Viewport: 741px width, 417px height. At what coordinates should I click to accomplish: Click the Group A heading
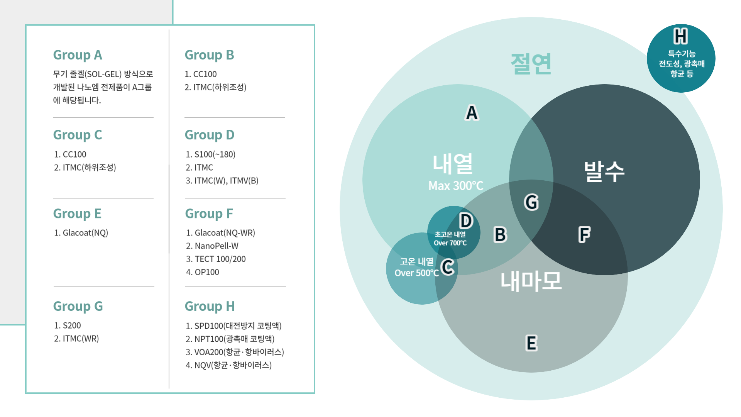pos(78,55)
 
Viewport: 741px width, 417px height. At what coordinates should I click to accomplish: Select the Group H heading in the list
pos(210,307)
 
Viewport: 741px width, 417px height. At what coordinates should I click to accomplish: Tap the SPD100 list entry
pos(233,326)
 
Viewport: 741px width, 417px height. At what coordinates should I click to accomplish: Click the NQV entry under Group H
pos(228,365)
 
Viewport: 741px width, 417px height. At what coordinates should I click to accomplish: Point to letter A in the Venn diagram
pos(472,113)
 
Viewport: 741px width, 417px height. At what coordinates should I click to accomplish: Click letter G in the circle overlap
pos(531,202)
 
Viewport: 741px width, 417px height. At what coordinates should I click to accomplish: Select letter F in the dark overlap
pos(584,234)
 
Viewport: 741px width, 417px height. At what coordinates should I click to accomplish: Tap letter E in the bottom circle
pos(531,343)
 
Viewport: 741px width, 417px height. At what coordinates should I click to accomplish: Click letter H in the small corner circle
pos(680,36)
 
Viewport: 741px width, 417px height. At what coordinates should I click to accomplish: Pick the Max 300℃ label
pos(456,186)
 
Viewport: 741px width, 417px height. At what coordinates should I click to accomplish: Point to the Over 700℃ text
pos(450,243)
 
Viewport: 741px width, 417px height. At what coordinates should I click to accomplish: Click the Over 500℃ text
pos(416,273)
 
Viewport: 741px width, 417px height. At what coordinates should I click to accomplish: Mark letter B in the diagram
pos(500,235)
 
